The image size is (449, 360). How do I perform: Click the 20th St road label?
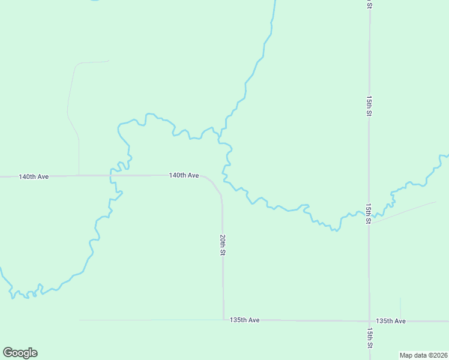(222, 245)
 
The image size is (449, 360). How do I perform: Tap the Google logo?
(20, 353)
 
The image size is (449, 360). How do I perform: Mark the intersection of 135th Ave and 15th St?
(369, 321)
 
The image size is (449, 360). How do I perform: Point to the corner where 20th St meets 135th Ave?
(223, 320)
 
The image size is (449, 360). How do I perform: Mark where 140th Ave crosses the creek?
(112, 176)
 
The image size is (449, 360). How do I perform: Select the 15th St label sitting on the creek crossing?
(369, 214)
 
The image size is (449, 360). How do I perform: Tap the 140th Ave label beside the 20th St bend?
(184, 175)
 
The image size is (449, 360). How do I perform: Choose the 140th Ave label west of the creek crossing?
(34, 177)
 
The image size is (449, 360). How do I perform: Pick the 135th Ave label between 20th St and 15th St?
(244, 320)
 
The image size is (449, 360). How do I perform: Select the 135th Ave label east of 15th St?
(391, 321)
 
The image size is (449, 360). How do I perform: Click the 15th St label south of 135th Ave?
(369, 339)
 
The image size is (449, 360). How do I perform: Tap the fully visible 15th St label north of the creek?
(369, 105)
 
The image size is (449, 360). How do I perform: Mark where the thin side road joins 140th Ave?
(79, 176)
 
